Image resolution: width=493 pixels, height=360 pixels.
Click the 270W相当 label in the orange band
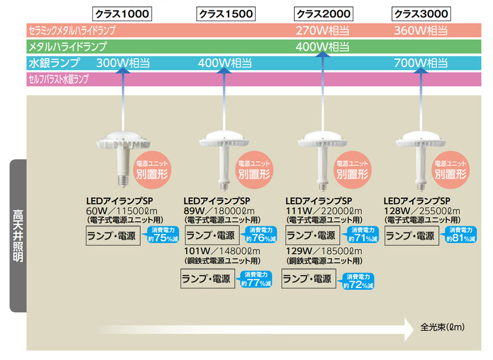click(x=323, y=31)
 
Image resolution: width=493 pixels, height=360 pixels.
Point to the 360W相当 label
click(x=421, y=31)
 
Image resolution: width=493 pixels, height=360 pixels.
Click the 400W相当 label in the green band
click(x=323, y=47)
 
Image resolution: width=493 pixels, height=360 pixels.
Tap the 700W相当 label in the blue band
click(x=421, y=63)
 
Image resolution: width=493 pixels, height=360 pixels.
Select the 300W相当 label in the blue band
click(x=123, y=63)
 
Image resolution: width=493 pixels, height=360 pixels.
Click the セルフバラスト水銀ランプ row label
click(x=59, y=79)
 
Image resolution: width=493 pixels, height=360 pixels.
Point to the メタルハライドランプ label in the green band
click(x=68, y=47)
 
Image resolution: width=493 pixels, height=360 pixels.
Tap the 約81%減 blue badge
click(x=462, y=235)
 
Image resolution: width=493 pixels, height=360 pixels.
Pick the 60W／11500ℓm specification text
click(x=121, y=211)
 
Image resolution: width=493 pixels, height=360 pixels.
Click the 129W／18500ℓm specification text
click(x=324, y=251)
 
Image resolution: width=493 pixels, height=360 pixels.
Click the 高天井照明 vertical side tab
click(x=18, y=236)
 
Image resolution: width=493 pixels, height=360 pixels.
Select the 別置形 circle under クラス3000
click(x=451, y=169)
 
